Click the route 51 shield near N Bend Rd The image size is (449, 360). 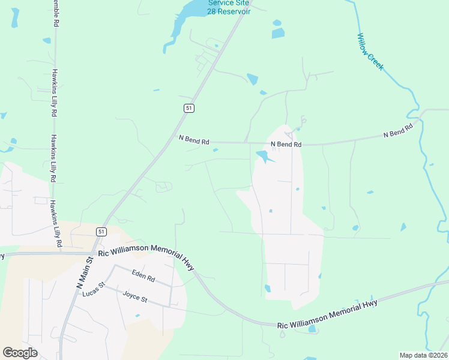[188, 107]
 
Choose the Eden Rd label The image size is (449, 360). [143, 276]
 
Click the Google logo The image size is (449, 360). [20, 353]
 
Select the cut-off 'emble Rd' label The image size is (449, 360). [55, 13]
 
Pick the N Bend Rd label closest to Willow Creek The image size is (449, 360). [399, 131]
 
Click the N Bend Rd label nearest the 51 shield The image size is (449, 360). [194, 140]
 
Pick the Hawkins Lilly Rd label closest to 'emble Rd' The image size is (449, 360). [54, 93]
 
